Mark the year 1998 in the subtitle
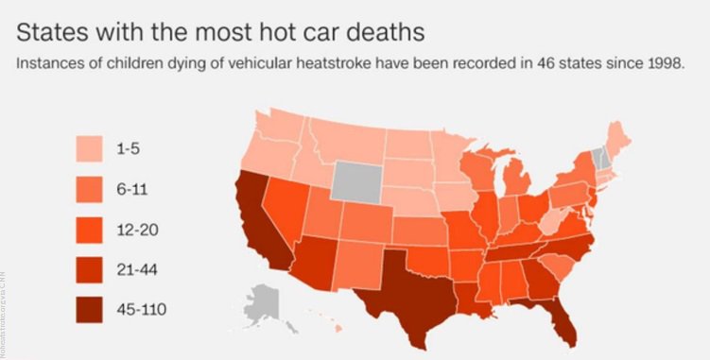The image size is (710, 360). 663,68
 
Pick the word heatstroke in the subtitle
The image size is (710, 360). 299,68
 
